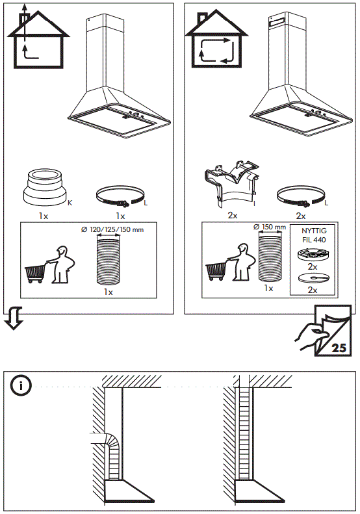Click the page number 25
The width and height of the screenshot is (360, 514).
pos(339,347)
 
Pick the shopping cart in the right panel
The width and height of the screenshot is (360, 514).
pos(217,269)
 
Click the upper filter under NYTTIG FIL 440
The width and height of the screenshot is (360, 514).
pos(312,254)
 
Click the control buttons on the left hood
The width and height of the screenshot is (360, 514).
pos(136,116)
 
